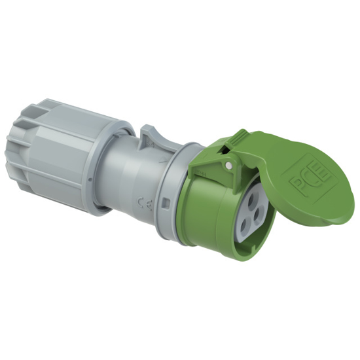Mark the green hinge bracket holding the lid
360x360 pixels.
tap(208, 164)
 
